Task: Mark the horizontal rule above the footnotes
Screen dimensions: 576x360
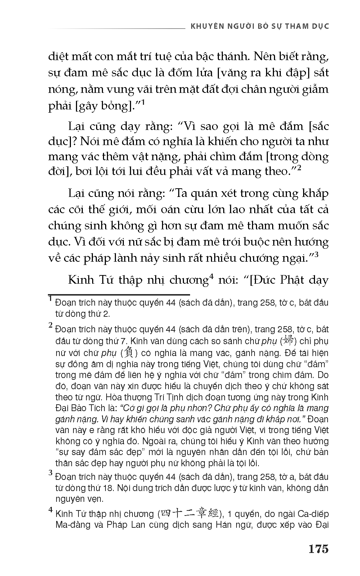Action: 119,294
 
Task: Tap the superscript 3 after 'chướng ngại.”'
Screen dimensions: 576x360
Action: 317,255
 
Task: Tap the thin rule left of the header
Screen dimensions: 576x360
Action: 115,28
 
